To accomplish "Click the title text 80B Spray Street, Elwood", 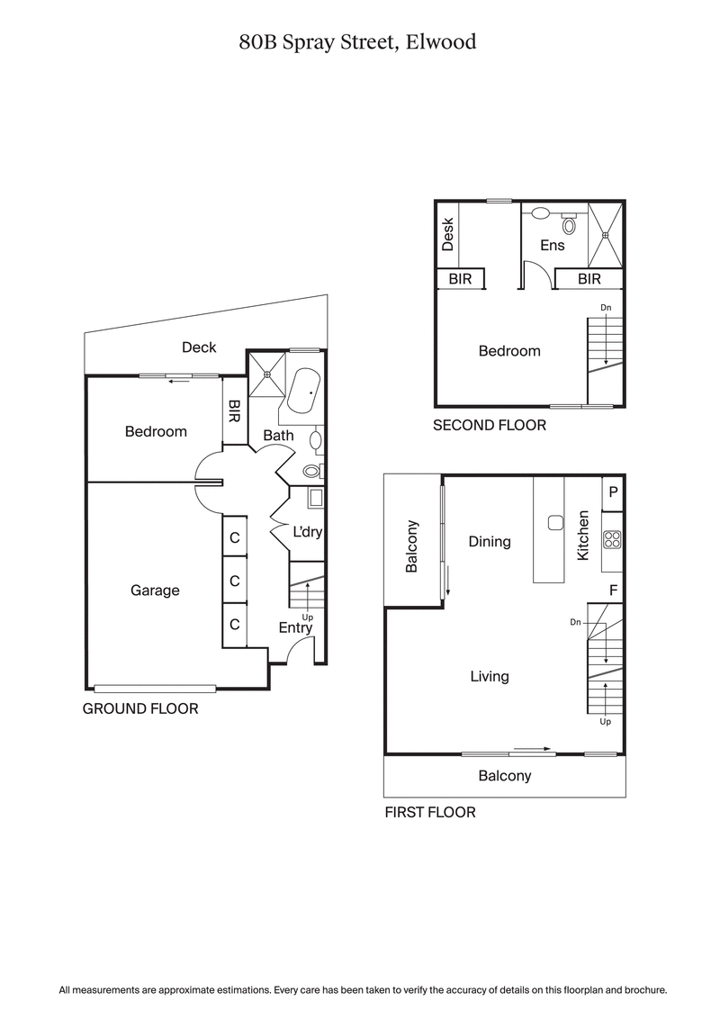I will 357,41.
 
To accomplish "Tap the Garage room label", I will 155,591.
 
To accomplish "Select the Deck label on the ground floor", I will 199,347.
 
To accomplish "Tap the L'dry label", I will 308,532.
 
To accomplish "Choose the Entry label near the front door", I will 295,627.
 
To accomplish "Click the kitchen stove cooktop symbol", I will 612,540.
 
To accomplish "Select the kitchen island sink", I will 555,523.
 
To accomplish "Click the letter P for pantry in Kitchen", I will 613,492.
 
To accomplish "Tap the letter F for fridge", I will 613,591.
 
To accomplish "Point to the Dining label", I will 490,542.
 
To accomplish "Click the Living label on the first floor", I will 490,676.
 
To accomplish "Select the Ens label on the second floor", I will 552,245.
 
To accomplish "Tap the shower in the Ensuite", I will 606,235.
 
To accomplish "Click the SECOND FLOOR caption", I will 490,425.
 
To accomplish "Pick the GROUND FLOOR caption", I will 140,708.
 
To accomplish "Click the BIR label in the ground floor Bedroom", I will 234,411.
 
